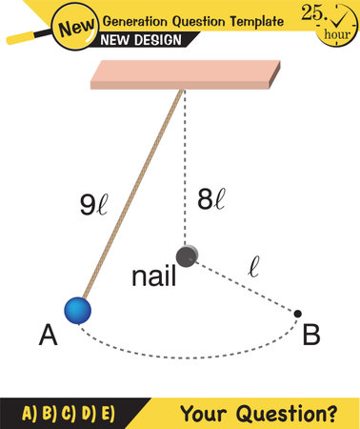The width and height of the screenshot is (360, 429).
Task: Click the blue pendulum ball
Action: click(x=77, y=309)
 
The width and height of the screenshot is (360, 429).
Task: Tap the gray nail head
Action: click(x=187, y=255)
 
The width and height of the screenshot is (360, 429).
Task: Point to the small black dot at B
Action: click(x=298, y=313)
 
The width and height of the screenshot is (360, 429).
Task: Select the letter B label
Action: click(x=310, y=336)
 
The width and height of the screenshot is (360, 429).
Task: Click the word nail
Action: click(x=153, y=278)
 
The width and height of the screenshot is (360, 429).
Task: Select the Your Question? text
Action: click(x=271, y=414)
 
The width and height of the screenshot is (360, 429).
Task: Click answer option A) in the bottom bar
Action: click(x=30, y=414)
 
